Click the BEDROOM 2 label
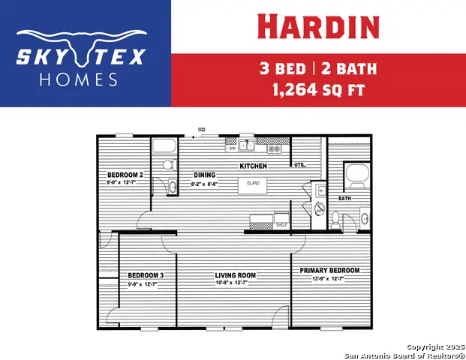tap(125, 175)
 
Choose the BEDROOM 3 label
tap(146, 275)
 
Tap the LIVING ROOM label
tap(235, 275)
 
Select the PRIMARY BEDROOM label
tap(329, 270)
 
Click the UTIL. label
tap(299, 164)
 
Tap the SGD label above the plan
tap(202, 130)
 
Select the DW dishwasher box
tap(232, 148)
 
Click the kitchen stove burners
tap(275, 148)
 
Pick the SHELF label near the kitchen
tap(281, 225)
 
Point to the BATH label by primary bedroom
tap(344, 199)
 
